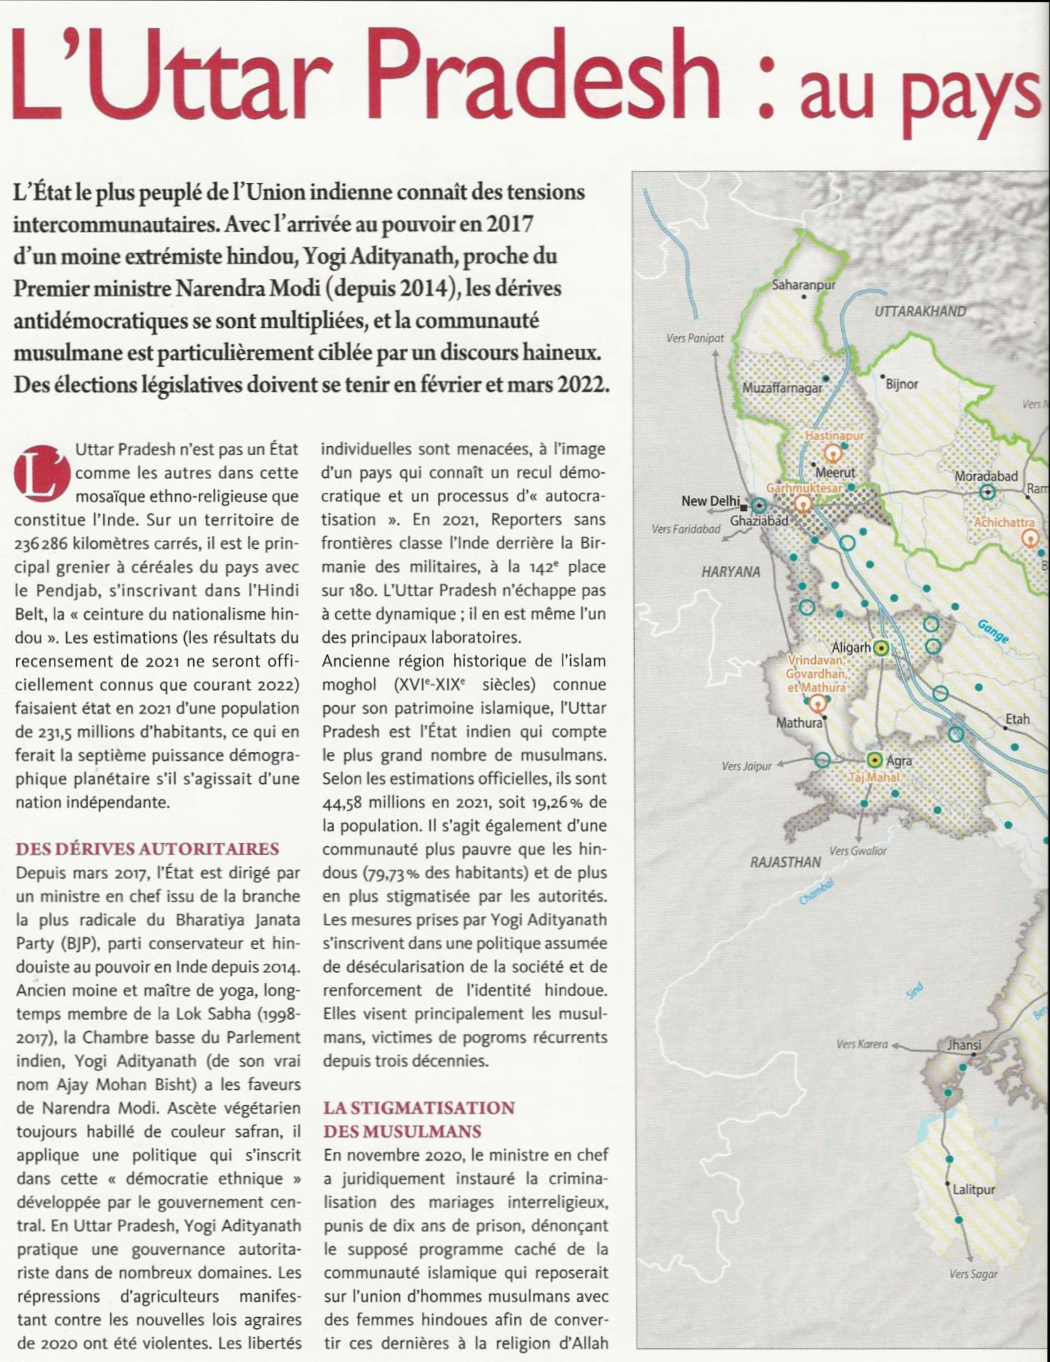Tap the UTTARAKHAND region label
click(920, 311)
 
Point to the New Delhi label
click(710, 501)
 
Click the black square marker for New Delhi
click(743, 506)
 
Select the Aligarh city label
click(851, 647)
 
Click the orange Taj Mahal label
click(873, 777)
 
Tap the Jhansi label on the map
click(965, 1045)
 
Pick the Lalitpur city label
click(974, 1190)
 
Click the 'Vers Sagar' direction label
click(973, 1274)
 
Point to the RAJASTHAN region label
click(785, 862)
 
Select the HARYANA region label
click(730, 572)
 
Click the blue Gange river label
click(992, 631)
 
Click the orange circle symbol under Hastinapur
click(833, 454)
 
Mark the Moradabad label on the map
click(986, 477)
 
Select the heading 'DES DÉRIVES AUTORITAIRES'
click(146, 849)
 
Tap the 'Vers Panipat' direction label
click(694, 339)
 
